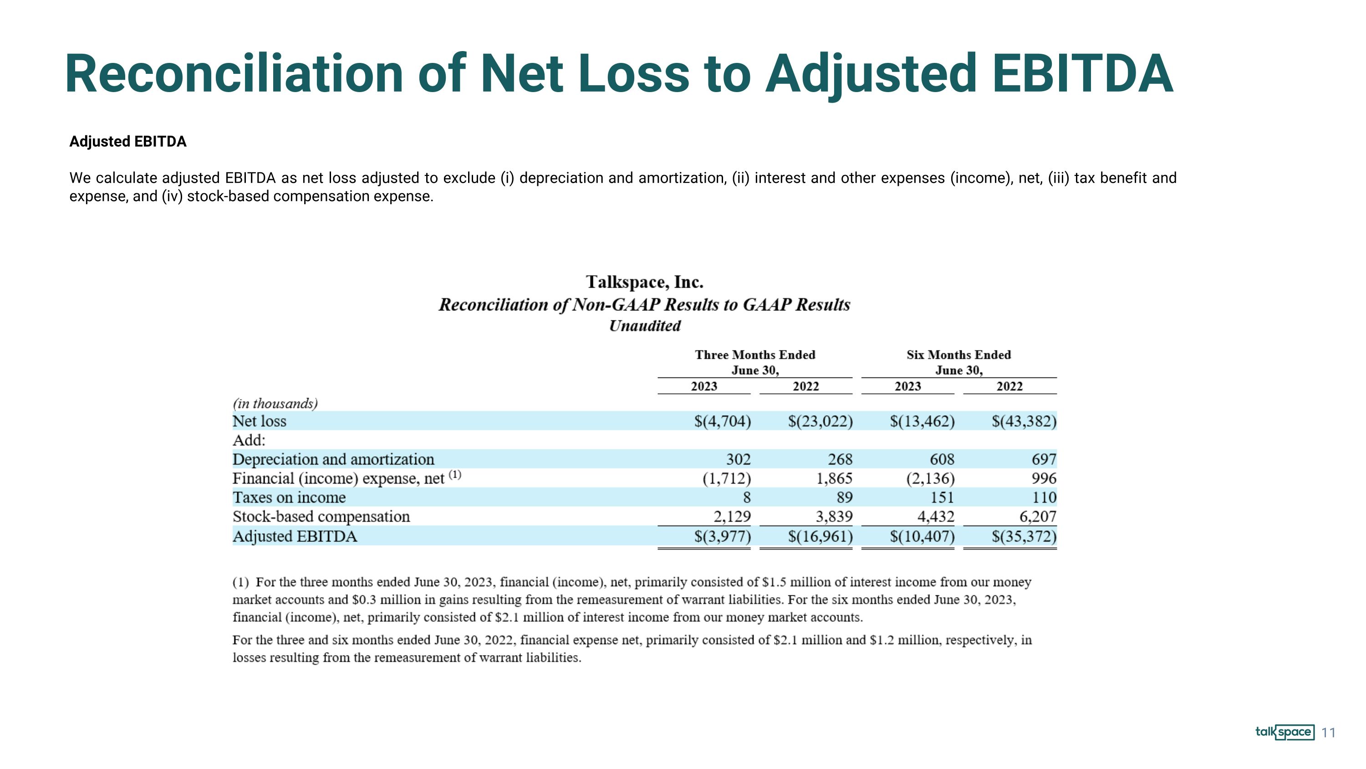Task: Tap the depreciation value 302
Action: point(738,459)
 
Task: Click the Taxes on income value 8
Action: point(747,498)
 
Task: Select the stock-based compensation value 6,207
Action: point(1038,516)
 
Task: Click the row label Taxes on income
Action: point(289,497)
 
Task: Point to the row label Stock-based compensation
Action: point(321,516)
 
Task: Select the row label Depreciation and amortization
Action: point(333,459)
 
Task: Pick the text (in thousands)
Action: point(275,403)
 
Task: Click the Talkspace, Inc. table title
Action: point(644,282)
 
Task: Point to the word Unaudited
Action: point(645,325)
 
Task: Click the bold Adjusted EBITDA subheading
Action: point(128,142)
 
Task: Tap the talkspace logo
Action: point(1285,733)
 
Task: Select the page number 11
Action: point(1328,733)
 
